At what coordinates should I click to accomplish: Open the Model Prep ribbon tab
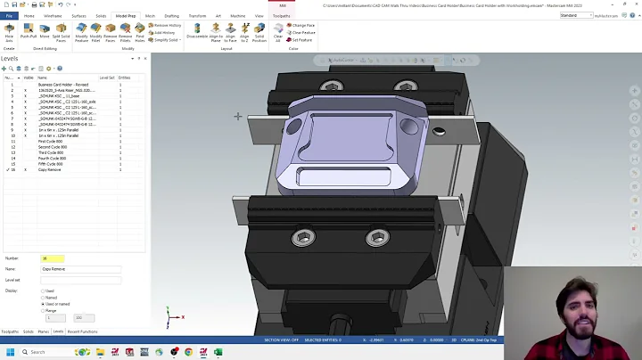point(126,16)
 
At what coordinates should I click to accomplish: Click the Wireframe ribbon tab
point(53,16)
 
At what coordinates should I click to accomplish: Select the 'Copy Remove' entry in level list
point(49,169)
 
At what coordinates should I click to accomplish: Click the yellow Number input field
point(53,258)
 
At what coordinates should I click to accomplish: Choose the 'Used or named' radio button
point(43,304)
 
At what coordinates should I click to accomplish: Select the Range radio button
point(43,310)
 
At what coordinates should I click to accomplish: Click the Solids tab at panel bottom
point(28,331)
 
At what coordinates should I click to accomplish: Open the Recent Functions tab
point(82,331)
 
